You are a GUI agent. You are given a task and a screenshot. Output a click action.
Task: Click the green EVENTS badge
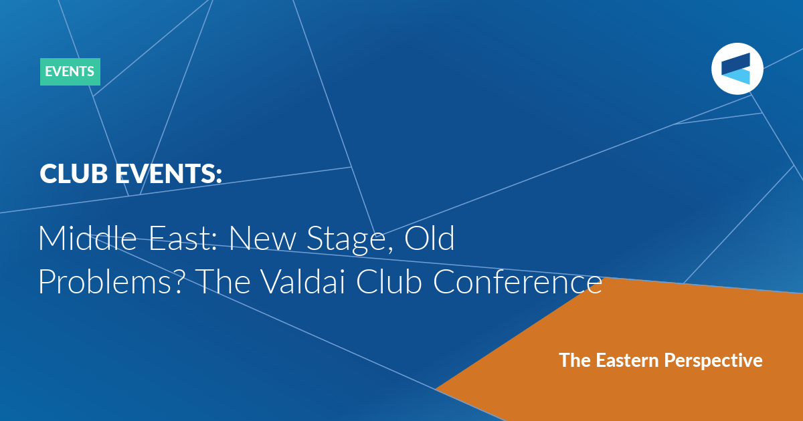[x=70, y=72]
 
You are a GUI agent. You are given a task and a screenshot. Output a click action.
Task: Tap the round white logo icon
[x=737, y=69]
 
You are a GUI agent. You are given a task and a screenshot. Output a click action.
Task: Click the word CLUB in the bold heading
[x=74, y=174]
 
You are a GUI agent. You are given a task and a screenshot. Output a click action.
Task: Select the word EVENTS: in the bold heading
[x=169, y=174]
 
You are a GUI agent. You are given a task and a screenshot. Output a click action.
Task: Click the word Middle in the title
[x=88, y=238]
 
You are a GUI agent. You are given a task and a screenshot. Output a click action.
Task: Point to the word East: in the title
[x=183, y=238]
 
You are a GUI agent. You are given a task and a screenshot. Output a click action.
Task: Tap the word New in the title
[x=262, y=239]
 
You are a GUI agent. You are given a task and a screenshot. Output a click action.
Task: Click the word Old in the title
[x=430, y=238]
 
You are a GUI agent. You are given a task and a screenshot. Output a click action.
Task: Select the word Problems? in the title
[x=111, y=283]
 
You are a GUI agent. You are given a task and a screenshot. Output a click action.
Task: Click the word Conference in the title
[x=517, y=281]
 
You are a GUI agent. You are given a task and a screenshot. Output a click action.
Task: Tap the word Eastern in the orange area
[x=628, y=360]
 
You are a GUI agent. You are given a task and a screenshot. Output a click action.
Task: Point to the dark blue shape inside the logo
[x=736, y=63]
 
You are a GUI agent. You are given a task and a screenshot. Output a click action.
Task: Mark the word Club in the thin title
[x=389, y=281]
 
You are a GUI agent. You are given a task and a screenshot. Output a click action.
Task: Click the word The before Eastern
[x=575, y=360]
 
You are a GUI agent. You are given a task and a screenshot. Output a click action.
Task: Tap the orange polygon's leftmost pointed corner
[x=436, y=388]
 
